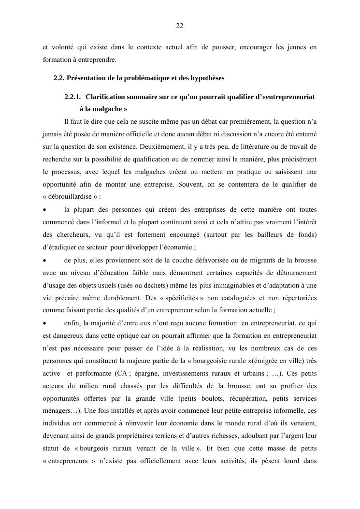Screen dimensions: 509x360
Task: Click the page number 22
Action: (179, 26)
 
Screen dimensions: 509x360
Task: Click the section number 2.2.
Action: (58, 78)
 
